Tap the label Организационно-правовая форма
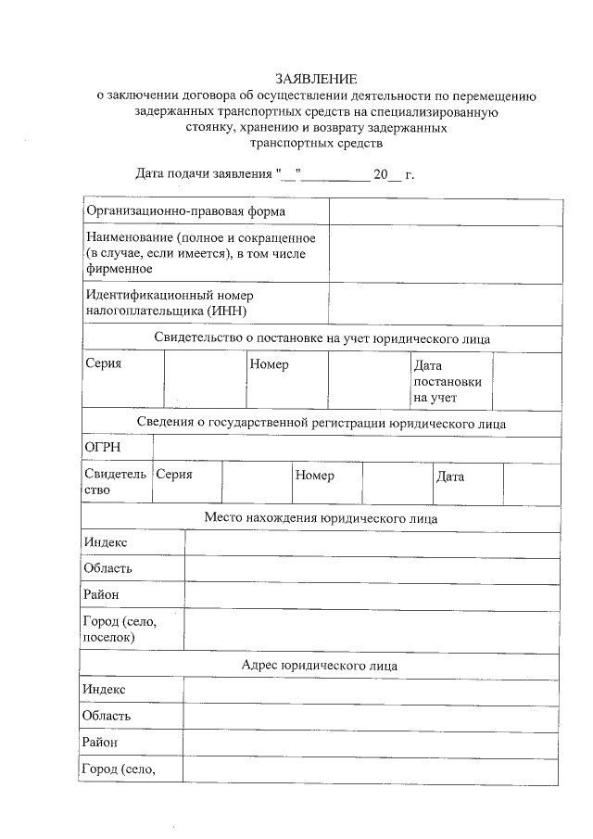(172, 211)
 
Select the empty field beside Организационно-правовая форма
(445, 211)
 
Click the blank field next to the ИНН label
(445, 303)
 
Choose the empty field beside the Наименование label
(445, 253)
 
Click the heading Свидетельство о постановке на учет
(322, 338)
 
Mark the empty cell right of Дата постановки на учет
(525, 381)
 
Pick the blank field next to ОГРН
(356, 449)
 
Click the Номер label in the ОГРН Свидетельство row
(315, 476)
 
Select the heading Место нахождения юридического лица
(321, 518)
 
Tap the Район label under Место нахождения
(101, 594)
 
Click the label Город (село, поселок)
(120, 629)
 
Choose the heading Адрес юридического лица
(320, 665)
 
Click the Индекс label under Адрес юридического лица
(104, 690)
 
